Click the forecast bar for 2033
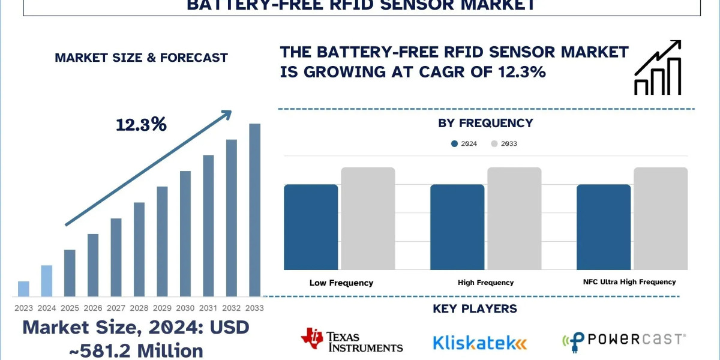255,210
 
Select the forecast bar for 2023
23,289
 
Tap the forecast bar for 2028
139,249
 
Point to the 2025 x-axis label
70,308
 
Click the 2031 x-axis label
208,308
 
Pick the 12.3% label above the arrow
141,125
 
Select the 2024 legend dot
454,144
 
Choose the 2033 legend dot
494,144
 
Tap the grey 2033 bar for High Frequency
514,218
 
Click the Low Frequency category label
341,283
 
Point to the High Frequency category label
485,283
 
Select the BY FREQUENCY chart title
486,123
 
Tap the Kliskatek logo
479,343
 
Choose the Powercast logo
623,341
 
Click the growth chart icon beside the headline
658,68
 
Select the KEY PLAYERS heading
475,309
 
